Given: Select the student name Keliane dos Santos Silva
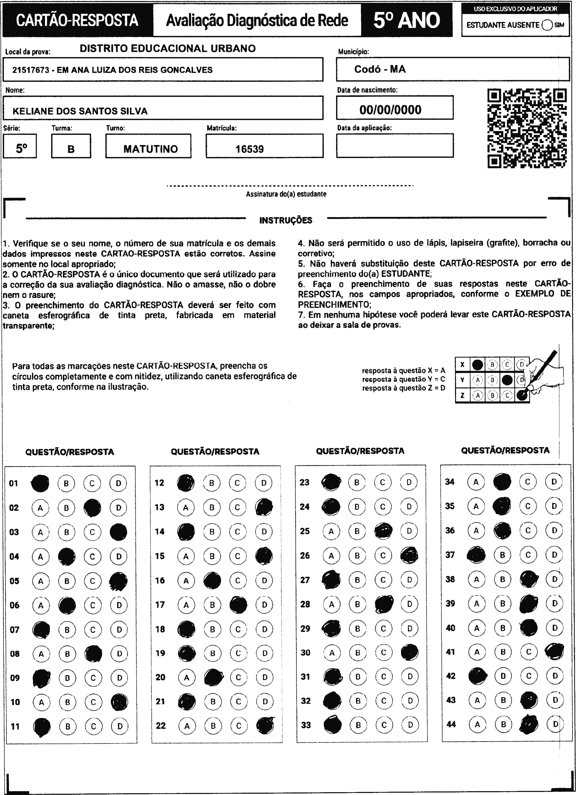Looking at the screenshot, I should [x=80, y=111].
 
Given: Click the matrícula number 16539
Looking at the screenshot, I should [x=250, y=149].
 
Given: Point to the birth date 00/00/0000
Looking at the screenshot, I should [x=390, y=110].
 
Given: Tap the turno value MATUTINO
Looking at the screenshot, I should [x=150, y=149].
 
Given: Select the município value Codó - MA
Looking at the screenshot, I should [x=380, y=69].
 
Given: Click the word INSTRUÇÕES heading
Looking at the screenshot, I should [x=286, y=220].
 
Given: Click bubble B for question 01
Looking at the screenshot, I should [x=66, y=483].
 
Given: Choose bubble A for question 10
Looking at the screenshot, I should [x=41, y=702].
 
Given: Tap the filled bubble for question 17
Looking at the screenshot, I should [x=238, y=605].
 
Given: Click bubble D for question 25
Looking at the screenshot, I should [x=409, y=531].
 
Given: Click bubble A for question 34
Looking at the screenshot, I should [x=476, y=482].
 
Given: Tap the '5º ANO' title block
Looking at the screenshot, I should [x=406, y=20].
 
